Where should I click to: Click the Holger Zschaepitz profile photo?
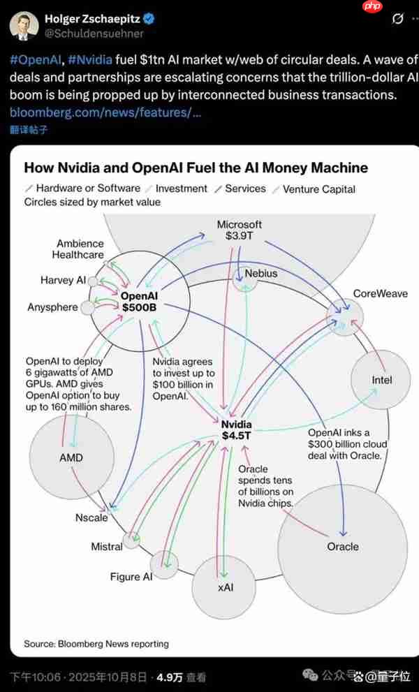pyautogui.click(x=24, y=25)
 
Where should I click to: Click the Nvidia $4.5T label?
pyautogui.click(x=236, y=430)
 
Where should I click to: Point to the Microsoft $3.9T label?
pyautogui.click(x=240, y=230)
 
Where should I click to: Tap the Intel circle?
pyautogui.click(x=381, y=380)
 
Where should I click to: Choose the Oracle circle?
pyautogui.click(x=342, y=546)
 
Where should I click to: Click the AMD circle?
pyautogui.click(x=71, y=457)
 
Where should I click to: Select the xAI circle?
pyautogui.click(x=225, y=587)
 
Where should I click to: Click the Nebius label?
pyautogui.click(x=260, y=274)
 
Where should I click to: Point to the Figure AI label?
pyautogui.click(x=131, y=577)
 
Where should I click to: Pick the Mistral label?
pyautogui.click(x=107, y=547)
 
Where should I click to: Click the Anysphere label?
pyautogui.click(x=52, y=307)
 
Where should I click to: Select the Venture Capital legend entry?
pyautogui.click(x=318, y=189)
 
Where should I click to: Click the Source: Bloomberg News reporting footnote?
pyautogui.click(x=96, y=643)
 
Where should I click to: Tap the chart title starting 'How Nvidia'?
pyautogui.click(x=196, y=168)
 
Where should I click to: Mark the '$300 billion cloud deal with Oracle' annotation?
pyautogui.click(x=347, y=444)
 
